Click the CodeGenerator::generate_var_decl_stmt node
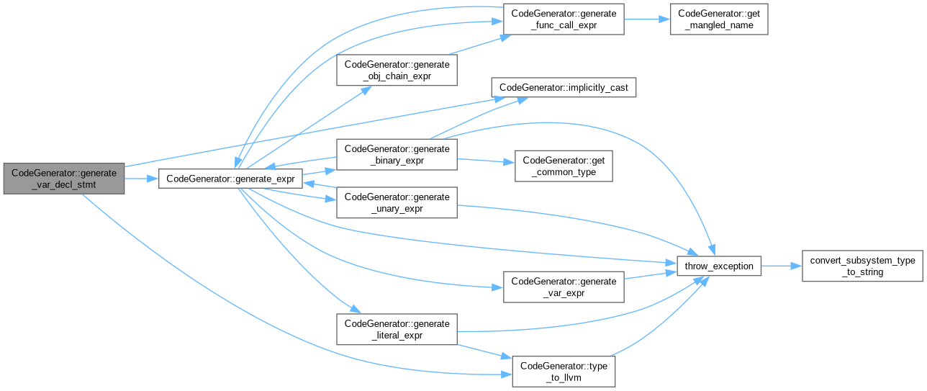(x=63, y=177)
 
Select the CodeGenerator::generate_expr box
(x=230, y=177)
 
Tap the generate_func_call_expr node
(x=563, y=19)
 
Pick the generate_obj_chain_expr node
(x=397, y=70)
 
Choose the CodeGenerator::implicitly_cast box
(x=564, y=87)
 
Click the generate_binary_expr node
(x=397, y=156)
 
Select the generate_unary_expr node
(x=397, y=202)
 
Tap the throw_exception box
(x=718, y=266)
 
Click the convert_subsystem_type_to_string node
(x=862, y=266)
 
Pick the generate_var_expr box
(x=563, y=287)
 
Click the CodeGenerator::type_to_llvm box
(x=563, y=371)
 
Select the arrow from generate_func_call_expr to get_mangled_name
(x=646, y=19)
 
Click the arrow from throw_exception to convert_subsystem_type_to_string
(x=781, y=266)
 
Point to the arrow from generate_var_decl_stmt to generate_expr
(x=141, y=177)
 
